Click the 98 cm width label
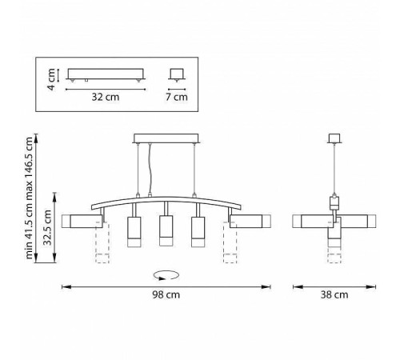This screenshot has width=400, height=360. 166,295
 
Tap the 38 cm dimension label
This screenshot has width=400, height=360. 334,295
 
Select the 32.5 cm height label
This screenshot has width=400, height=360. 47,227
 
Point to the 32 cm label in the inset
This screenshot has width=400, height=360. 106,97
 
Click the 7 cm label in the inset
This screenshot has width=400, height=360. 177,97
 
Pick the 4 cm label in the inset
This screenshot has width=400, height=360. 51,79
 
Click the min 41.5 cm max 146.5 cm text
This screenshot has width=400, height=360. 29,198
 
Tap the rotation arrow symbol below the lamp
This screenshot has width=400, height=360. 166,275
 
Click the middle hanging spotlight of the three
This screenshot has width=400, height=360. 166,230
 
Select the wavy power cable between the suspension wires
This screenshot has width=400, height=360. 150,170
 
